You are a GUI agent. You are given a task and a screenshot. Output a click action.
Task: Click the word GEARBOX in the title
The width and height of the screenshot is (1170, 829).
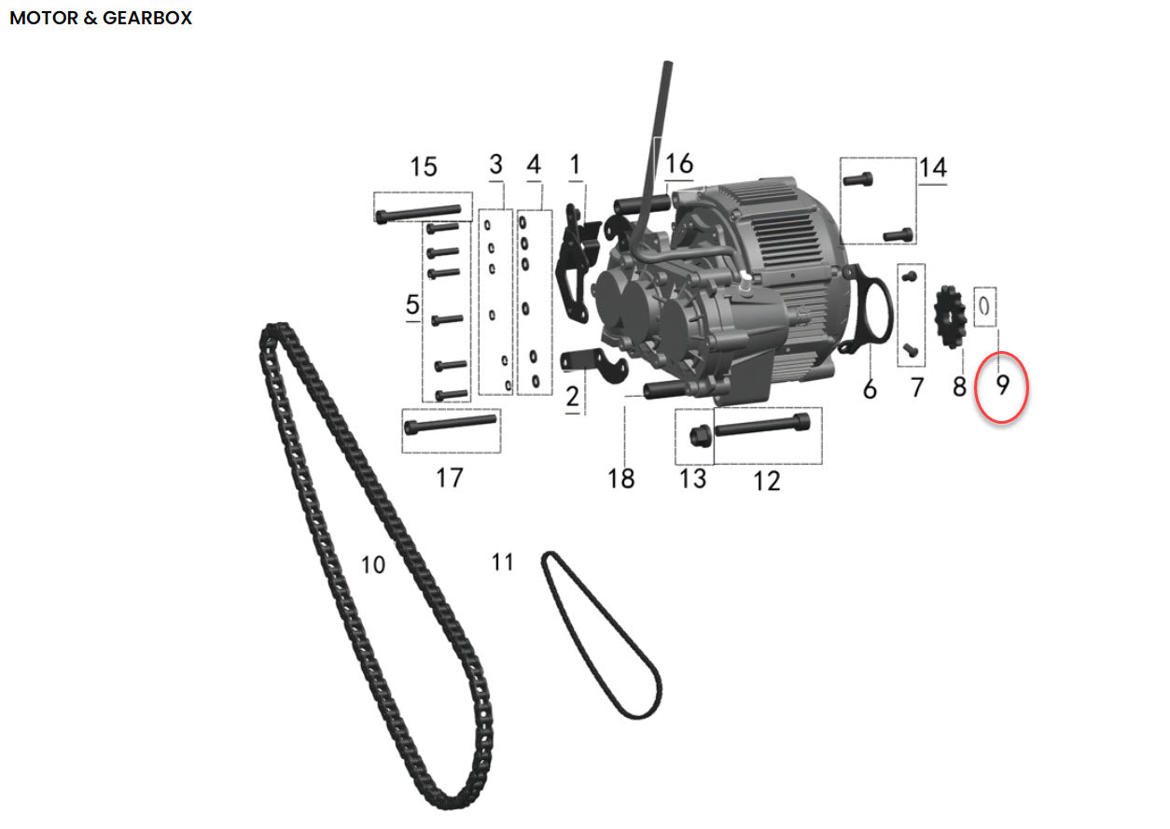tap(147, 19)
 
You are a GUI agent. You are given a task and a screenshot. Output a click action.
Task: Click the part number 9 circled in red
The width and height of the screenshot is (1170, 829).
tap(1002, 386)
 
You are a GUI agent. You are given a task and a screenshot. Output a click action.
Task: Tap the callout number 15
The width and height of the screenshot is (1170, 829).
tap(423, 167)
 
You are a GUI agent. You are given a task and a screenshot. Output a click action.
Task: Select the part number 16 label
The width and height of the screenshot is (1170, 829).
tap(679, 163)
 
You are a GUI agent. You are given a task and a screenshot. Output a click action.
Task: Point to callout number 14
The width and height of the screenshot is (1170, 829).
tap(933, 168)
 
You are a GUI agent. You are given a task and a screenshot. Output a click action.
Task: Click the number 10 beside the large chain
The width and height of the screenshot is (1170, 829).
tap(373, 565)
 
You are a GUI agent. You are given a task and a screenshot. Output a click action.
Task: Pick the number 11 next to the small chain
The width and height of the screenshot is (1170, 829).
tap(503, 562)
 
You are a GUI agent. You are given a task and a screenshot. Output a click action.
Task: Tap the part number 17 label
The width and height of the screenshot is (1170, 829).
tap(449, 478)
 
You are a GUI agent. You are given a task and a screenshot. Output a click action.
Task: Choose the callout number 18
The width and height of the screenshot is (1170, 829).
tap(621, 478)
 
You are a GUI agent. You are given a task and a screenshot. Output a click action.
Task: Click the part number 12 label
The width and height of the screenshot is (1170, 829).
tap(767, 481)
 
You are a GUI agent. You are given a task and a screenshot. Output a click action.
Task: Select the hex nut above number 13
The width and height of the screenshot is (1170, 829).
tap(700, 437)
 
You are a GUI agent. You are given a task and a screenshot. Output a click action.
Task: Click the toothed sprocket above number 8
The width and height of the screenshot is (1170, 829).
tap(951, 316)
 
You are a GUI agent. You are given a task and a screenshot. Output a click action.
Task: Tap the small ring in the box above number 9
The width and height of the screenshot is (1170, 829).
tap(984, 306)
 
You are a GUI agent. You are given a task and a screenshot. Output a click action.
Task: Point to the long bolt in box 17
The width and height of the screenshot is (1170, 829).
tap(451, 425)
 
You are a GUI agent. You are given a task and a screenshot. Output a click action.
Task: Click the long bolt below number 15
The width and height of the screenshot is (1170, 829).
tap(418, 213)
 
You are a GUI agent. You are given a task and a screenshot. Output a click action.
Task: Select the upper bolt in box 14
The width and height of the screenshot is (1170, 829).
tap(857, 180)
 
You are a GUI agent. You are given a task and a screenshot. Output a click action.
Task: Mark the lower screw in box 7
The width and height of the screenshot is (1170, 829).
tap(910, 350)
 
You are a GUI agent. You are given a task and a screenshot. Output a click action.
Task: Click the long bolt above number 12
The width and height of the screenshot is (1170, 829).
tap(762, 425)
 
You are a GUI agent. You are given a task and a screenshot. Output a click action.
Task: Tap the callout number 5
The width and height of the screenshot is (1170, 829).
tap(412, 304)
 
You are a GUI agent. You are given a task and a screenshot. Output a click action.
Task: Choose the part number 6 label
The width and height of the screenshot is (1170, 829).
tap(870, 389)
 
